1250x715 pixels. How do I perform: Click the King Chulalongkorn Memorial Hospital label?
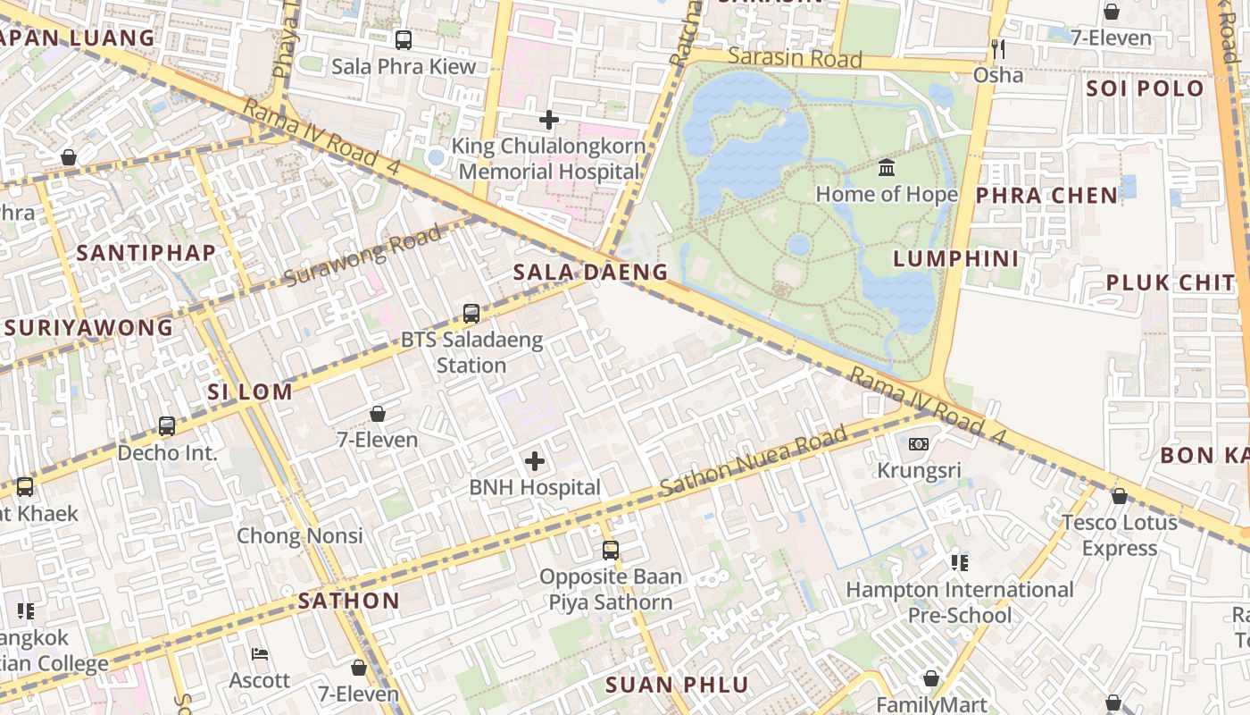click(548, 158)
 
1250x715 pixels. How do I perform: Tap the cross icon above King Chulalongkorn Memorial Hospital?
click(549, 119)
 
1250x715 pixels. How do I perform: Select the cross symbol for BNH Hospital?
click(535, 461)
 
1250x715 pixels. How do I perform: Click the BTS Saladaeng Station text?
click(471, 352)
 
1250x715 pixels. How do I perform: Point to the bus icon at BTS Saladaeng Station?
click(471, 314)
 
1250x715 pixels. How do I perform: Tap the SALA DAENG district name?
click(590, 273)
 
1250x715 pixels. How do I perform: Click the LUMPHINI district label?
click(956, 259)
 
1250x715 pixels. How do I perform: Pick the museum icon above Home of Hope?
click(887, 168)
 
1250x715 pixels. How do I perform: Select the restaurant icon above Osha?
click(998, 48)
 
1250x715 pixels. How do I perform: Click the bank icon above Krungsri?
click(919, 444)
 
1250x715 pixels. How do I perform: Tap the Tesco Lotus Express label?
click(1119, 534)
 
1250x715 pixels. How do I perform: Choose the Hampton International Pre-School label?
click(960, 602)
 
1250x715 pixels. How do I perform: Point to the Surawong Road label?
click(362, 257)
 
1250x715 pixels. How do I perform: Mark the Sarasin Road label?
click(795, 59)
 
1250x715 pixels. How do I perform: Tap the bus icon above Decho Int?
click(167, 426)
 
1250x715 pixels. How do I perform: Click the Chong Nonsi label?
click(299, 536)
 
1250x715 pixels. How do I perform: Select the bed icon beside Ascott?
click(260, 654)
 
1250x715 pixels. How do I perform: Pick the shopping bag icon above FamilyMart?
click(931, 679)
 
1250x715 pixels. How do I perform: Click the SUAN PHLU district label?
click(677, 686)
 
